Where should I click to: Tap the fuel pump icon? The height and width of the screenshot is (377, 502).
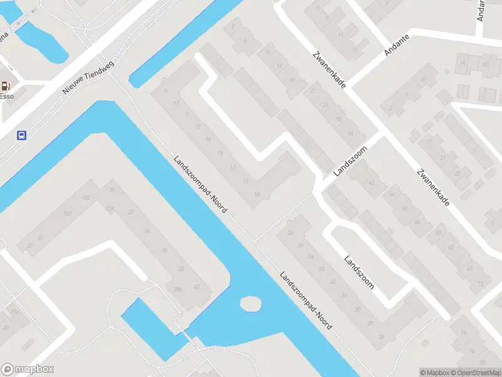click(x=6, y=86)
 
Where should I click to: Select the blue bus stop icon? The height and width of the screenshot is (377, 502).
click(x=22, y=134)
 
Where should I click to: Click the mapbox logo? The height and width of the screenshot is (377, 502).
click(x=28, y=369)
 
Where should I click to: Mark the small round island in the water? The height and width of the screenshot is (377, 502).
click(x=250, y=304)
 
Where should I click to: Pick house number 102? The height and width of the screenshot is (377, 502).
click(x=86, y=198)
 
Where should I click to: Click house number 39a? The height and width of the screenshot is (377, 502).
click(x=178, y=290)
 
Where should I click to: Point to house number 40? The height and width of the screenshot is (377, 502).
click(x=196, y=287)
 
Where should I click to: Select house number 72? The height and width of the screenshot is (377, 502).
click(x=481, y=283)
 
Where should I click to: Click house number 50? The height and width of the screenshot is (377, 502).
click(x=403, y=208)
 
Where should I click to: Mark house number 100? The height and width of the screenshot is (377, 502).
click(x=67, y=214)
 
